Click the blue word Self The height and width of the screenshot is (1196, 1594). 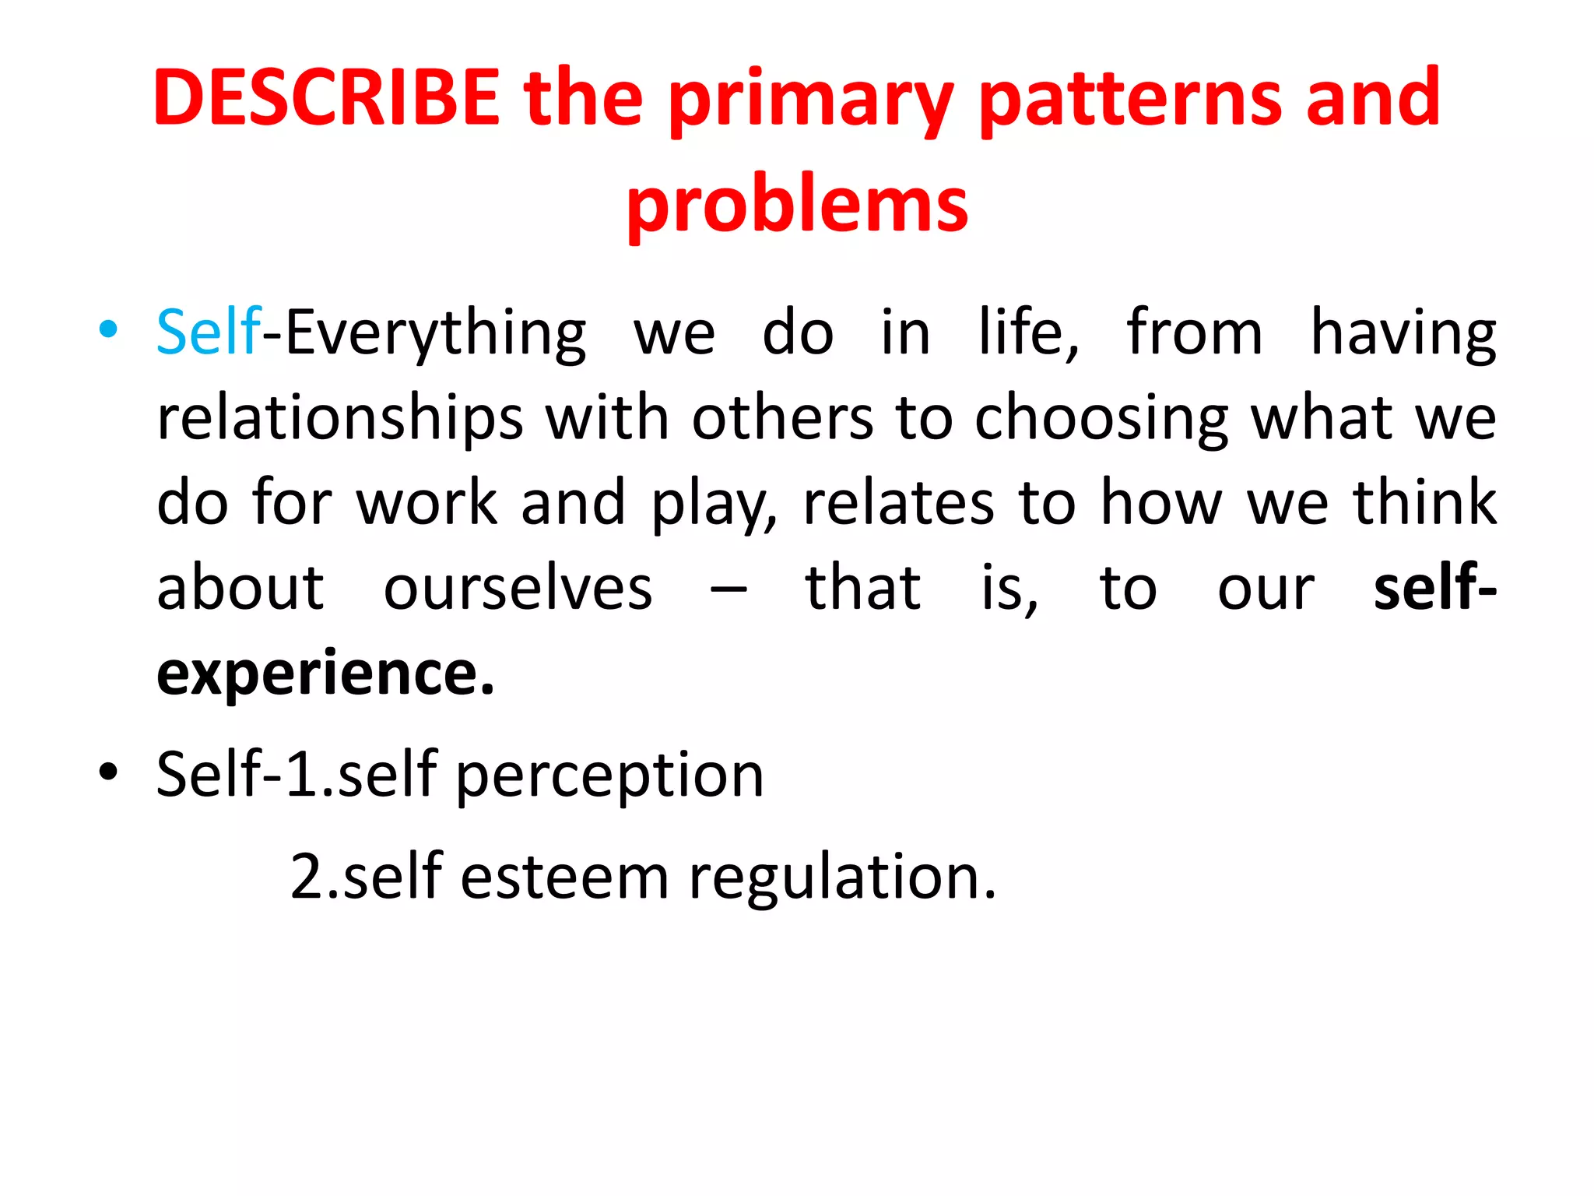(x=209, y=332)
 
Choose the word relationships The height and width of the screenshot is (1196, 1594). (x=340, y=420)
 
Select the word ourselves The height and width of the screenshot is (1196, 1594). (x=518, y=589)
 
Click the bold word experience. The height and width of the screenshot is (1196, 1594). (x=325, y=674)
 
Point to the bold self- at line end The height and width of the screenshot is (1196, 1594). (x=1434, y=589)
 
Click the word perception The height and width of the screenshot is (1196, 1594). (x=609, y=776)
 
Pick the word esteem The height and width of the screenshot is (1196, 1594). (x=564, y=878)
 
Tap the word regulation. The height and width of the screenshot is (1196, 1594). (x=842, y=878)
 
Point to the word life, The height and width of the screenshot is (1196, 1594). (x=1029, y=332)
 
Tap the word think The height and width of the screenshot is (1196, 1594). (x=1424, y=504)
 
